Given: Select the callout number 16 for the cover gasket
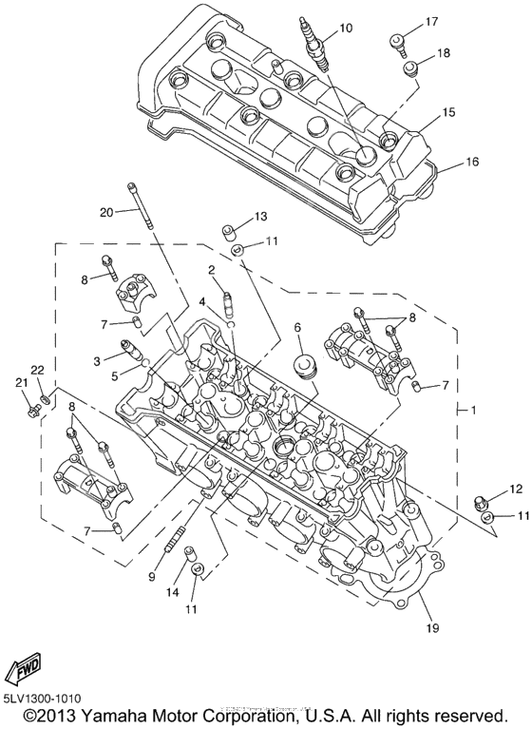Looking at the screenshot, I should pyautogui.click(x=471, y=163).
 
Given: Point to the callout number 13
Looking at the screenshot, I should pyautogui.click(x=260, y=218).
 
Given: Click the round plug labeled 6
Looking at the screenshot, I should pyautogui.click(x=304, y=367).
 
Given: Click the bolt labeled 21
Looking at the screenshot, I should pyautogui.click(x=34, y=410).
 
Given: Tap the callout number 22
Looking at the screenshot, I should pyautogui.click(x=37, y=370).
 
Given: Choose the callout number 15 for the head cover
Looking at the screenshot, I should pyautogui.click(x=448, y=112).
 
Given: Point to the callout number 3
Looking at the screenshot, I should pyautogui.click(x=97, y=361).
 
